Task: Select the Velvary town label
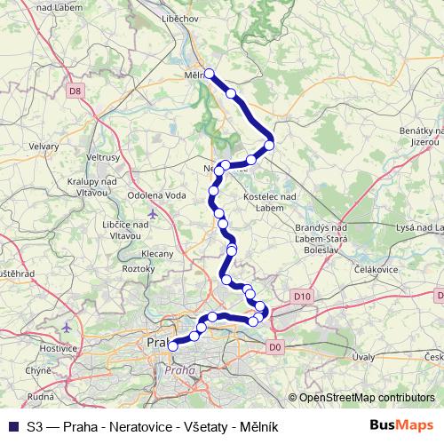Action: coord(43,147)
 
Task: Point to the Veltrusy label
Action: coord(102,157)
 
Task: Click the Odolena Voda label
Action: coord(158,196)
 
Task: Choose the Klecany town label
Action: coord(157,253)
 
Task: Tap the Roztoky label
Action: coord(138,267)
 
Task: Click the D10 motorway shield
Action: coord(301,296)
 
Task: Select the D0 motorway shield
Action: coord(274,346)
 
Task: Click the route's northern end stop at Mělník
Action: coord(210,74)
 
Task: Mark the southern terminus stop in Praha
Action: coord(173,346)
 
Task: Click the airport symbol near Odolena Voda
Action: coord(153,214)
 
